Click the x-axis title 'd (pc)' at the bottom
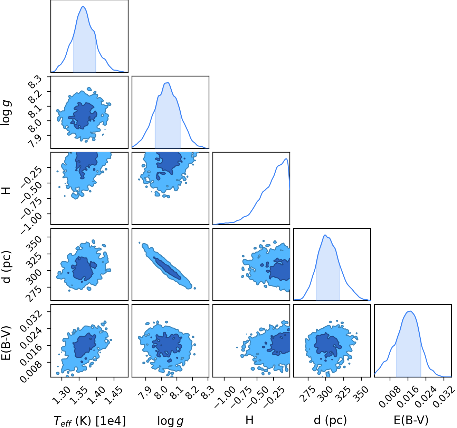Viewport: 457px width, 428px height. coord(330,420)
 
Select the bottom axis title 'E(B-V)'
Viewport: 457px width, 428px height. coord(411,420)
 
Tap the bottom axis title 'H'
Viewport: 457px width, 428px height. coord(249,420)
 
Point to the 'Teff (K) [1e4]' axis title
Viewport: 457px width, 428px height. coord(90,421)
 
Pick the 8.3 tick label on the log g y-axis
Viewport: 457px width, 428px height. coord(35,82)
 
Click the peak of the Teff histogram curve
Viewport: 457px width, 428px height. coord(83,6)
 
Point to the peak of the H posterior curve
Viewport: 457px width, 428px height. coord(286,159)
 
